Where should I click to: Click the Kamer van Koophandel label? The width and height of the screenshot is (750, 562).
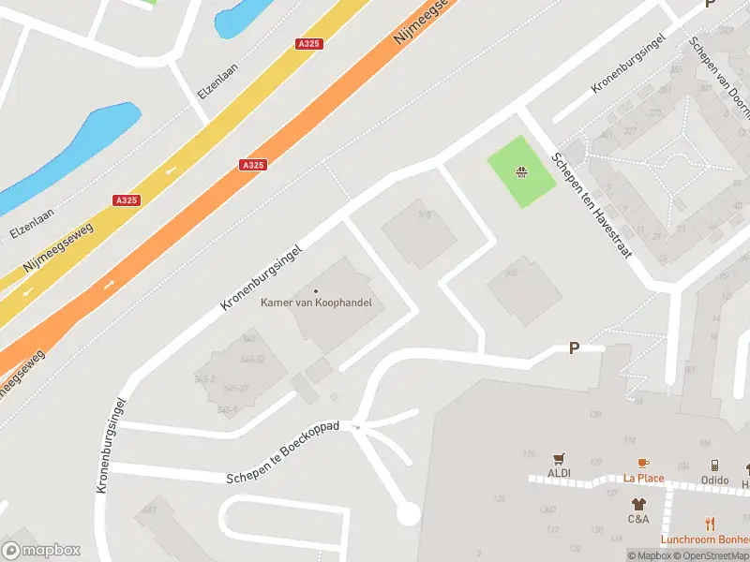[x=316, y=303]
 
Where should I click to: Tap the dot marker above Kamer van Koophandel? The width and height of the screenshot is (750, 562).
[x=316, y=290]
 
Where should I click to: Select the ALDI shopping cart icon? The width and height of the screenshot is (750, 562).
[x=560, y=458]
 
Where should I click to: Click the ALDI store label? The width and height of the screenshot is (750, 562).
[x=560, y=472]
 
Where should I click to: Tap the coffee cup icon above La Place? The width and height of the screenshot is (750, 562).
[x=643, y=463]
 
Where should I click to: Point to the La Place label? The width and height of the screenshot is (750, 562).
[x=644, y=478]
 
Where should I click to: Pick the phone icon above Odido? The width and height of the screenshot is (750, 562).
[x=714, y=465]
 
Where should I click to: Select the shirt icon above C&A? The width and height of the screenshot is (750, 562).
[x=638, y=504]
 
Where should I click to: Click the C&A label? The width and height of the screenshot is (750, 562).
[x=638, y=518]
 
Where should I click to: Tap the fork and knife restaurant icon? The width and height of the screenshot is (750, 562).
[x=710, y=525]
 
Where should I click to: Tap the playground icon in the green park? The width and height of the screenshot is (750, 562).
[x=520, y=171]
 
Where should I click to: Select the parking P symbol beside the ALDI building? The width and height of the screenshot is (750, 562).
[x=574, y=348]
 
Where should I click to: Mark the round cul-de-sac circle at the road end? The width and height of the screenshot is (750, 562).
[x=408, y=513]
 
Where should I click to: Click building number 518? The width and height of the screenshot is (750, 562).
[x=424, y=215]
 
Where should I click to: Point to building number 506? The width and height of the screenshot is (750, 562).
[x=512, y=273]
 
